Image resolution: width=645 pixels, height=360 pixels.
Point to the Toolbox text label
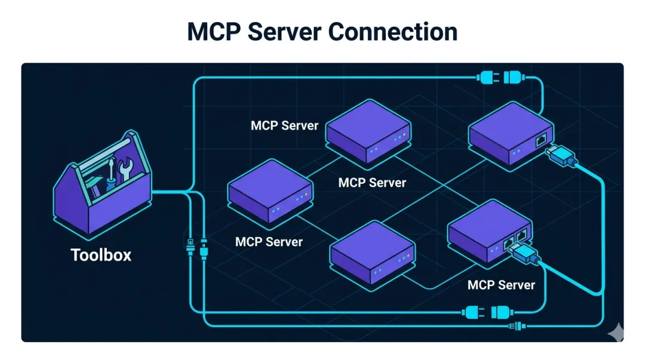[101, 255]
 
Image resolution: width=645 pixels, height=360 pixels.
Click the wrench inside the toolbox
[125, 170]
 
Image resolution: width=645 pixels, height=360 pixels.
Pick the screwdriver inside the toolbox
[110, 173]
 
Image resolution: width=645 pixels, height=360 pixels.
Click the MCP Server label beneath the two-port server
[501, 285]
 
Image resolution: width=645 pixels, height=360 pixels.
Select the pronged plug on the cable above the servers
[486, 77]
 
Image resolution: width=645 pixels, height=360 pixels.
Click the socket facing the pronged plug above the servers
[513, 77]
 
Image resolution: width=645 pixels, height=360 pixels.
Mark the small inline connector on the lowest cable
[515, 326]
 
